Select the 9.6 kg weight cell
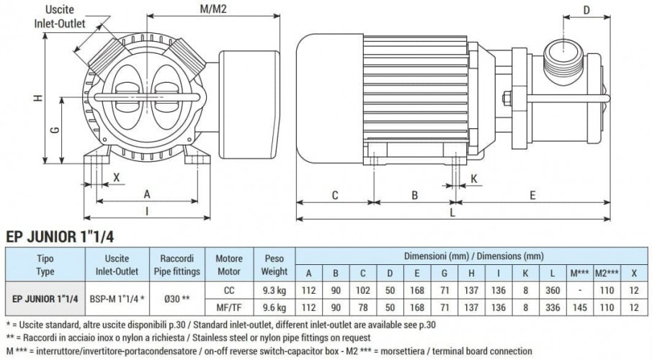click(273, 307)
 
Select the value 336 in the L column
click(551, 307)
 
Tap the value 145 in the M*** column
click(579, 307)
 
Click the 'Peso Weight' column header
click(273, 265)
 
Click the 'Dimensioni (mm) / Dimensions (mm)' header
click(473, 256)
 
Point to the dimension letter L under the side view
click(452, 214)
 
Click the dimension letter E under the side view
click(532, 194)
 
